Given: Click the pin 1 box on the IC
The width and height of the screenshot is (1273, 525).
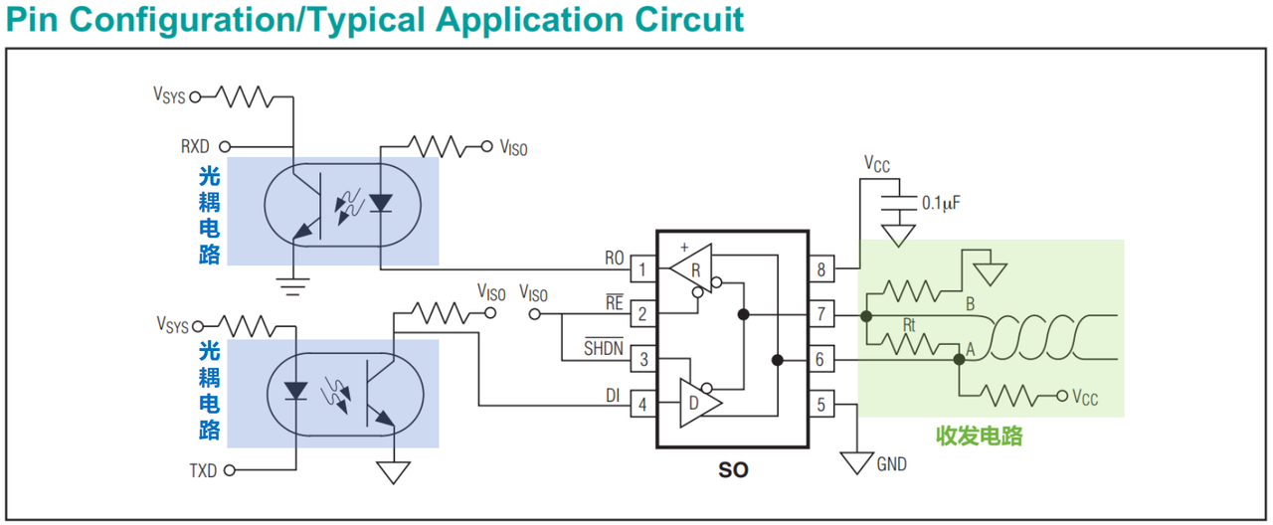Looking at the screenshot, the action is coord(643,268).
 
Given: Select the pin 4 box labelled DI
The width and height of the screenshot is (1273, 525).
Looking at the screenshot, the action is coord(643,405).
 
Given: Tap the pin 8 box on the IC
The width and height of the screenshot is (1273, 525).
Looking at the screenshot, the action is coord(821,268).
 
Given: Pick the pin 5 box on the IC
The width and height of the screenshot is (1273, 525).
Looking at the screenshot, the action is coord(821,405).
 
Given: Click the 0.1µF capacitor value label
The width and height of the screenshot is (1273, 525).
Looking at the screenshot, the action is coord(941,203).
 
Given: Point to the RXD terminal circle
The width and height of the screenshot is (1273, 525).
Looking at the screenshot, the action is coord(225,146).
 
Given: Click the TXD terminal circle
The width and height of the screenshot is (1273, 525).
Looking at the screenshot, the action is coord(230,470).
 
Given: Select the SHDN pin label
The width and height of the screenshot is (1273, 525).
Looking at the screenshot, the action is coord(604,347).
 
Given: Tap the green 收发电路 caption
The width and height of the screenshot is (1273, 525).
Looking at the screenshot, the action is coord(980,437).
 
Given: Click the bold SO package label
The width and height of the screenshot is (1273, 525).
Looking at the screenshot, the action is coord(733,470).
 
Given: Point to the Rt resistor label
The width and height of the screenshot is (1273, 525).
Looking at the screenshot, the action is coord(909,325).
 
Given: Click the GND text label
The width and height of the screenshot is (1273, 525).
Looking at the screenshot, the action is coord(892,464).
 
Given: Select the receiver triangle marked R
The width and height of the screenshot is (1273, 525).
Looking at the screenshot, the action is coord(691,268).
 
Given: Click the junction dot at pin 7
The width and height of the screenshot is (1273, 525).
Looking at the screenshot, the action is coord(866,316).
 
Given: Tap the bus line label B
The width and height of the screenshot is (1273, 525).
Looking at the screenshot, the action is coord(971,304).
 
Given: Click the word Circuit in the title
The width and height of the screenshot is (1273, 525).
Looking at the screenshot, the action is coord(689,19).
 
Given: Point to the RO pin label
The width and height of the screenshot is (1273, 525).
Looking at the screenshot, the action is coord(615,258).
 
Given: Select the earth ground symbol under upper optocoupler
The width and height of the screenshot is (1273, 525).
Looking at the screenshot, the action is coord(292,287).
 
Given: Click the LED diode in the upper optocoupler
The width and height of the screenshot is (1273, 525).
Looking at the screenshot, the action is coord(381,203).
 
